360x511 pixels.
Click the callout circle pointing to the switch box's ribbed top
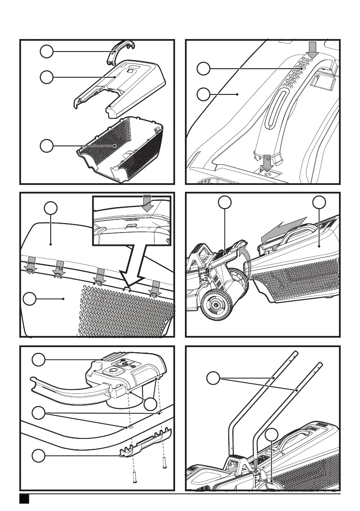39,360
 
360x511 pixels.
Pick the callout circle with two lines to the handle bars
212,378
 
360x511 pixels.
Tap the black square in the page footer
24,499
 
